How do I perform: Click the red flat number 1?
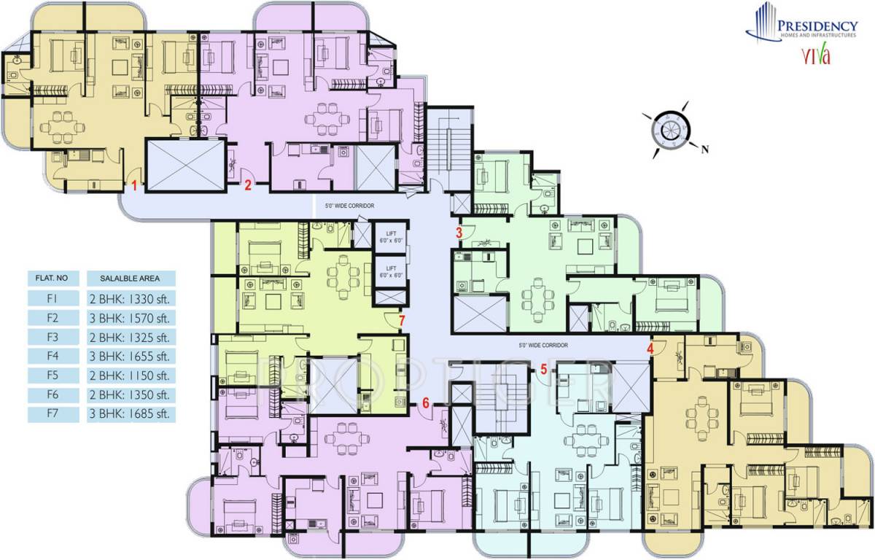135,186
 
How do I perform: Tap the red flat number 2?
248,185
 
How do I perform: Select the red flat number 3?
459,233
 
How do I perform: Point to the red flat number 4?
650,348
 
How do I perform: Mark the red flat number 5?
544,369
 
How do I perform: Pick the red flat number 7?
402,319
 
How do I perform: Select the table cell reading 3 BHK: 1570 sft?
131,318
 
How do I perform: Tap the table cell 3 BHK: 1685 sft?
131,416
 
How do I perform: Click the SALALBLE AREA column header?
131,278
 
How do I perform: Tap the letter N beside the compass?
705,151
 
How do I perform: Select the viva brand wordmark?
816,56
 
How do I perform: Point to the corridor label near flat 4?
542,345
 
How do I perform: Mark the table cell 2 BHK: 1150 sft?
131,376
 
